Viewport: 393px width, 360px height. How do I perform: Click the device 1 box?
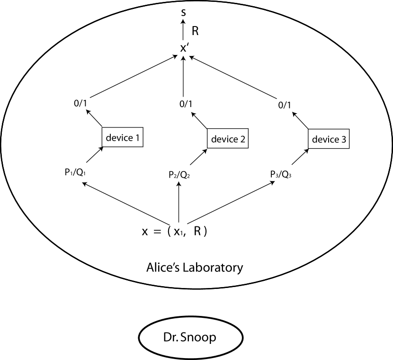[123, 138]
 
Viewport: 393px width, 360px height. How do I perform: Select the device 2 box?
[228, 139]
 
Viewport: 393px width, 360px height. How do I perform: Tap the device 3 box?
[330, 139]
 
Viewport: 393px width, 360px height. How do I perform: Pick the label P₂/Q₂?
[179, 174]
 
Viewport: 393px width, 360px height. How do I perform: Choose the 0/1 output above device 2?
[185, 103]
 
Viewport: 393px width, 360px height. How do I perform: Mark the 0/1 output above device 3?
[284, 104]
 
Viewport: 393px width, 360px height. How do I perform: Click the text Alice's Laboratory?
[195, 267]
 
